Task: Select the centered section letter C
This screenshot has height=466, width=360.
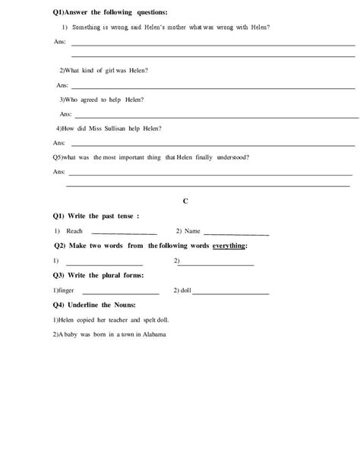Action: click(185, 200)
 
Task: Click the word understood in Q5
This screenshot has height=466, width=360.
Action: click(232, 157)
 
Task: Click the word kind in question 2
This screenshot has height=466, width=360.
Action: click(89, 71)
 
